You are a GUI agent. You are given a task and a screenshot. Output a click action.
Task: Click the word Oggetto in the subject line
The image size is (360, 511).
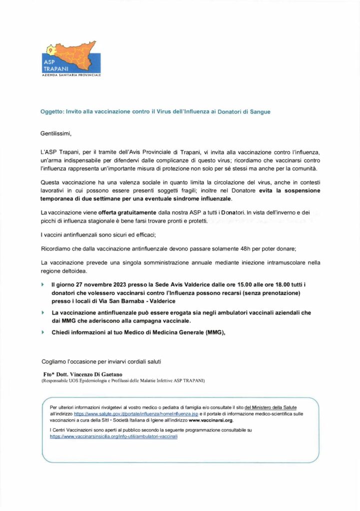click(51, 112)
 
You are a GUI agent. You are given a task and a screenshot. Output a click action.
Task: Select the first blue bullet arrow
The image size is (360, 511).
click(43, 284)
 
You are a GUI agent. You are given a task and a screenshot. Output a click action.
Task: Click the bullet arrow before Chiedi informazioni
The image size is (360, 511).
click(43, 332)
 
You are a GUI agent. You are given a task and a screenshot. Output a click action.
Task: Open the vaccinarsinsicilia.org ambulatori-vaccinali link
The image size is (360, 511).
click(114, 436)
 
